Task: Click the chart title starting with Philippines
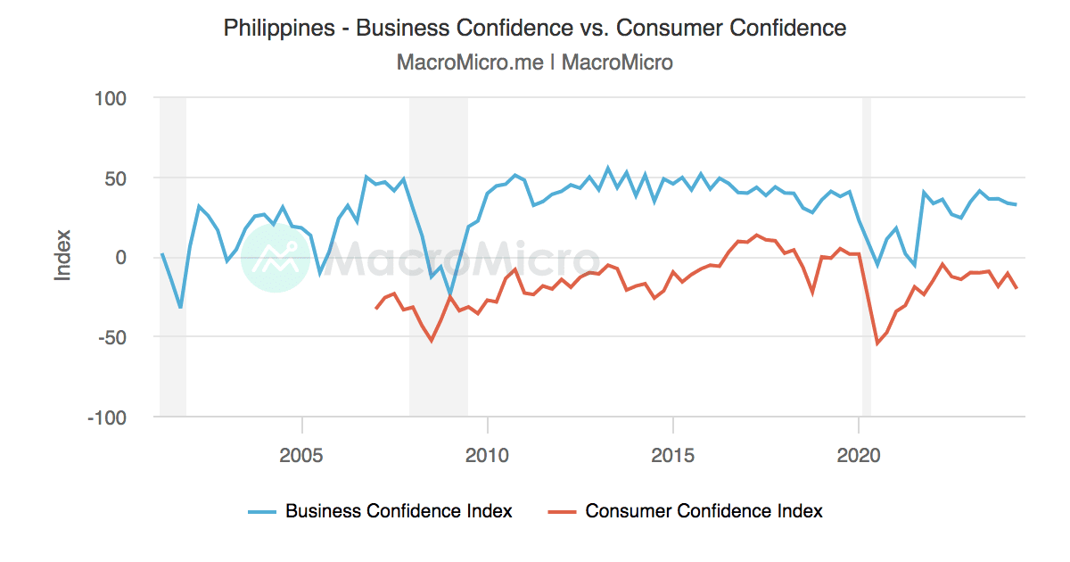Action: click(x=535, y=28)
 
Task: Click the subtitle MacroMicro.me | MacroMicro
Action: click(x=535, y=62)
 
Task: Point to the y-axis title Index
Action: click(x=62, y=256)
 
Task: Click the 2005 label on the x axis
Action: click(x=302, y=454)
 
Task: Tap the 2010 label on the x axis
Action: click(x=488, y=454)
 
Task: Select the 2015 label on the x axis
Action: click(x=673, y=454)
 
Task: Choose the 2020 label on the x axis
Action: click(x=859, y=454)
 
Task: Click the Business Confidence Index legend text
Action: click(x=399, y=511)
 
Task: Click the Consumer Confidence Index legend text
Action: click(x=704, y=511)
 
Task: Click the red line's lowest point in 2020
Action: click(x=877, y=343)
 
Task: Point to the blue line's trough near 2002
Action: click(x=181, y=308)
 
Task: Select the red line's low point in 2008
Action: click(x=432, y=341)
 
